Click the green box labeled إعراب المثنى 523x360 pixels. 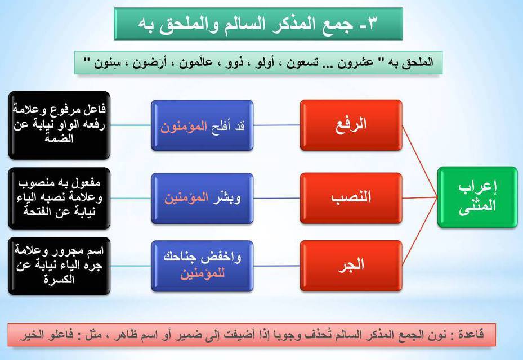click(x=477, y=197)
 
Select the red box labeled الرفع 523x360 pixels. click(x=351, y=125)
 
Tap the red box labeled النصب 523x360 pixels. click(x=351, y=198)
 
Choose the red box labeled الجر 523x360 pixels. click(x=351, y=265)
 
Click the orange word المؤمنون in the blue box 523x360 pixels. click(x=184, y=127)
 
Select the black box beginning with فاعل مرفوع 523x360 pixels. click(x=59, y=125)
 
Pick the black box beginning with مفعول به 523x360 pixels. click(x=59, y=198)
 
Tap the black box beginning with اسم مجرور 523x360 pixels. click(x=59, y=265)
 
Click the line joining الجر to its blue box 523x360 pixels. click(x=276, y=265)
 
